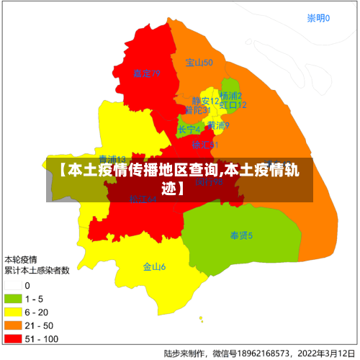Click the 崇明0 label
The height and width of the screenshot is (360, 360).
pos(318,18)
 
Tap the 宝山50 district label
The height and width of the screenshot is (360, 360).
pos(199,63)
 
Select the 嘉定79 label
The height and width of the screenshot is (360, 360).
pos(146,73)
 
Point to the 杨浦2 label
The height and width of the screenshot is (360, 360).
pos(230,95)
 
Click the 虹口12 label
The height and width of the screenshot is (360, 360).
pos(233,105)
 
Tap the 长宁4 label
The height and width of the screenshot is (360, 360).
pos(189,130)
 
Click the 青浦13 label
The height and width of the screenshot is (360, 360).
pos(112,159)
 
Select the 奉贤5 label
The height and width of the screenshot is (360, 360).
pos(241,235)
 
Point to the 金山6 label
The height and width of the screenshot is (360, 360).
pos(154,266)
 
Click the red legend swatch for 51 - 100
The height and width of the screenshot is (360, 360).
pos(13,338)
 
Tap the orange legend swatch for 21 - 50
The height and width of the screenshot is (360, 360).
pos(13,325)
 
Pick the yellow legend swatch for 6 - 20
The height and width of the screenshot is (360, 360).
pos(13,312)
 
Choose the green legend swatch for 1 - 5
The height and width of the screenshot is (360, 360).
pos(13,299)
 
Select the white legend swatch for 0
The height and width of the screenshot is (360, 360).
pos(13,286)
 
